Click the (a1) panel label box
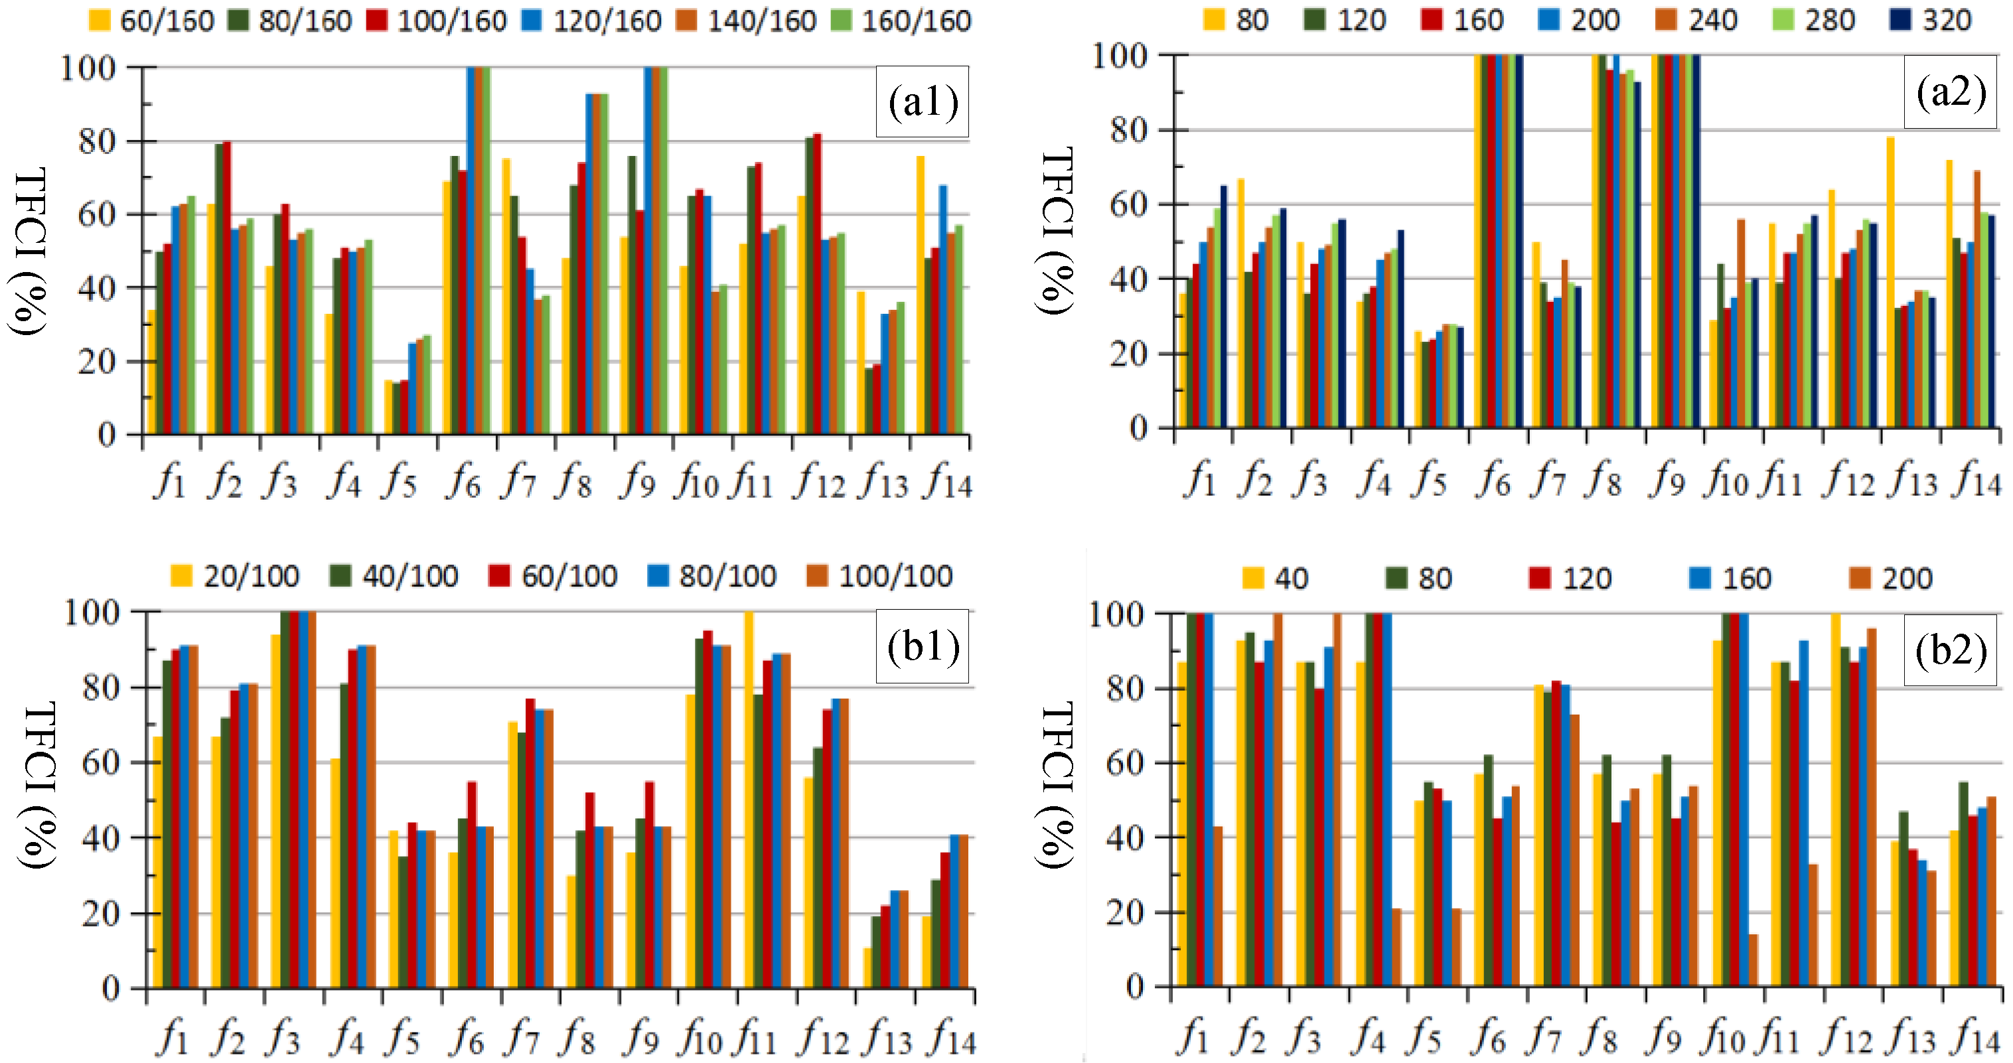coord(922,102)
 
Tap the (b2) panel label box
coord(1951,650)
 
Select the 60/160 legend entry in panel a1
coord(153,21)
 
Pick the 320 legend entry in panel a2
coord(1930,19)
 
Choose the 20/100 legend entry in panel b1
coord(235,577)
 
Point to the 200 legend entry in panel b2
coord(1891,579)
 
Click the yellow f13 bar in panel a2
coord(1890,281)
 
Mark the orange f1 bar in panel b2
coord(1217,906)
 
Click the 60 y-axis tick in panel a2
coord(1128,204)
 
